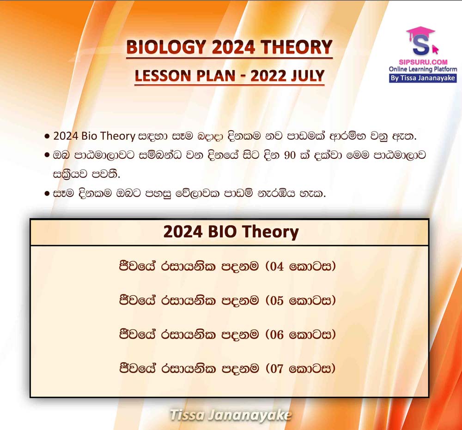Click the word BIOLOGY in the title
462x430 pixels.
click(165, 47)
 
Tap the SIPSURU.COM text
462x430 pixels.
click(423, 62)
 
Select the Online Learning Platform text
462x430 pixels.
click(423, 69)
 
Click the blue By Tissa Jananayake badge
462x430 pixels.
click(423, 78)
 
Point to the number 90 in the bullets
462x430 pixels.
click(290, 155)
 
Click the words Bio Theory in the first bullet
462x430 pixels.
click(108, 136)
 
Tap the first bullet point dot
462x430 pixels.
click(47, 137)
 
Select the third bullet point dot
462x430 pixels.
click(47, 194)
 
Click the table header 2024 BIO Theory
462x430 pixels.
click(231, 232)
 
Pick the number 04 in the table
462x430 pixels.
click(277, 266)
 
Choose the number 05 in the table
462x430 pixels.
click(277, 300)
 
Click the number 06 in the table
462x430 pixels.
click(277, 334)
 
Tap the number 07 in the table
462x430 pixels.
click(277, 369)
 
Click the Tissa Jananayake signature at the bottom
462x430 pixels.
click(231, 415)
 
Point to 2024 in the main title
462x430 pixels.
click(233, 47)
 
